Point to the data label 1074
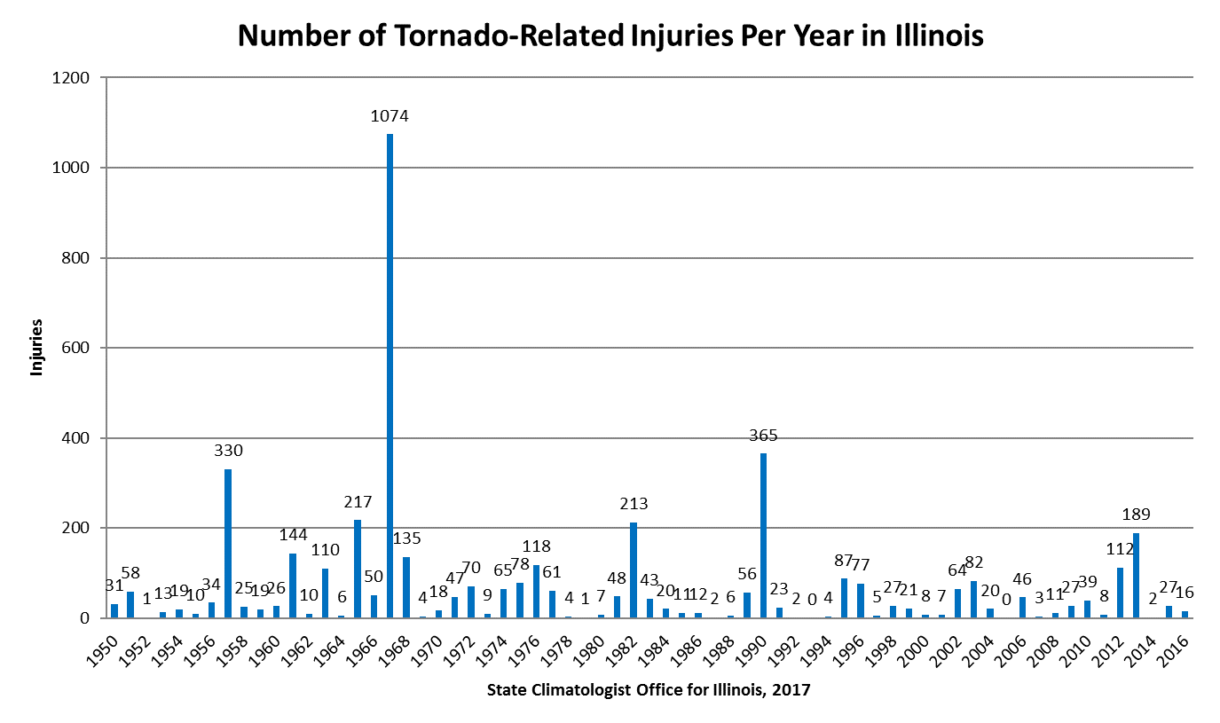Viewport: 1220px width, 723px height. tap(390, 116)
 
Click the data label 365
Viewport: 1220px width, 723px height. tap(763, 436)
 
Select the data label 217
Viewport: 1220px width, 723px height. tap(358, 502)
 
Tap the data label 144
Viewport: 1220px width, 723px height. tap(293, 535)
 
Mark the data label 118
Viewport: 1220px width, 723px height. tap(536, 546)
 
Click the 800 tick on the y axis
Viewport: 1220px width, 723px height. tap(76, 258)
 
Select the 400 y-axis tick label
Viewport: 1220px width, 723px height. tap(76, 438)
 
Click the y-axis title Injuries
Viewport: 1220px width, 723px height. tap(36, 348)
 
